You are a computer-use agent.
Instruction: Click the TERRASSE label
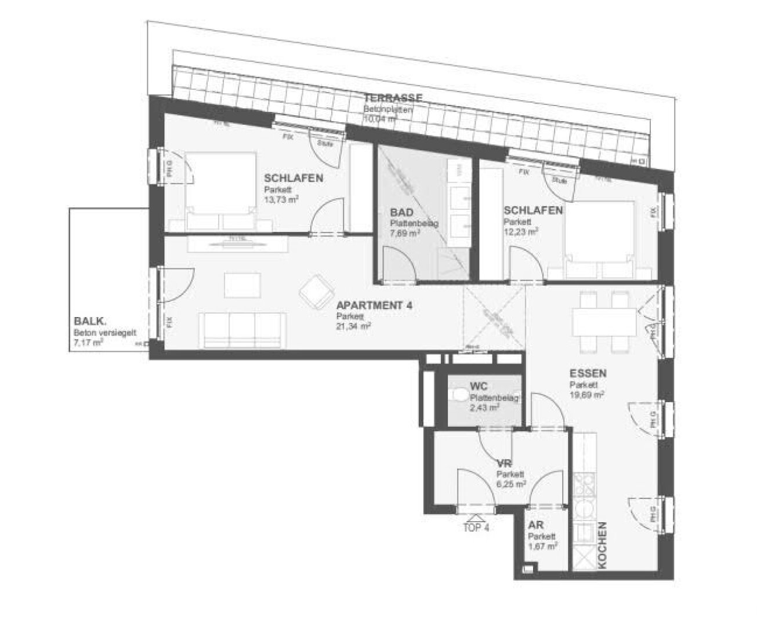click(x=393, y=98)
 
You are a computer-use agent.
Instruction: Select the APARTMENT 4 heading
click(x=374, y=306)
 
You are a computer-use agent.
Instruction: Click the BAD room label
click(x=401, y=213)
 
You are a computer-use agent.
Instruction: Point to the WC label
click(x=479, y=386)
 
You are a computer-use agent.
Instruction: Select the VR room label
click(x=503, y=463)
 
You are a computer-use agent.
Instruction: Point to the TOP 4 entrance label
click(x=476, y=528)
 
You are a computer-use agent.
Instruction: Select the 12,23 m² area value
click(x=520, y=231)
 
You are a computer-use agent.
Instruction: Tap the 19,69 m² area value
click(x=587, y=395)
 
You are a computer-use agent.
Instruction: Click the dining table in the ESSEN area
click(x=603, y=322)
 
